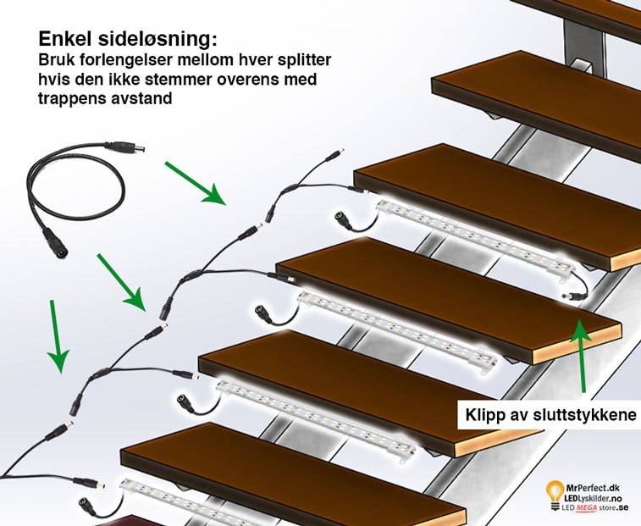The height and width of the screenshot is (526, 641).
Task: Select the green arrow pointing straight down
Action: tap(57, 335)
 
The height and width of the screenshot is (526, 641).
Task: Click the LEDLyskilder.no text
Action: tap(599, 496)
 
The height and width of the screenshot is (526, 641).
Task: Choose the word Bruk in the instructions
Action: tap(58, 62)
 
